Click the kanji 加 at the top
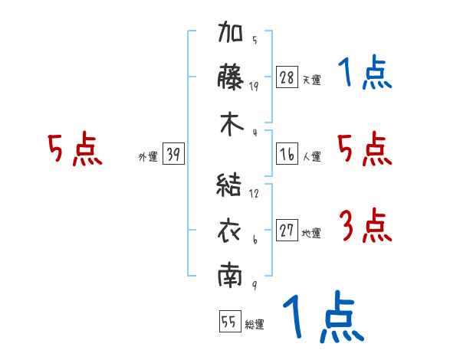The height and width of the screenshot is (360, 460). click(x=230, y=31)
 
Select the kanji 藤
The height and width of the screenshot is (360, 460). click(x=230, y=77)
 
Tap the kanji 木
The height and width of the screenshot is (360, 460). click(x=232, y=124)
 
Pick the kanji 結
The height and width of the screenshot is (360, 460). click(x=228, y=185)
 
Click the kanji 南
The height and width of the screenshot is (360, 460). click(x=230, y=275)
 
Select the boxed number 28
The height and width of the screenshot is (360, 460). click(x=287, y=77)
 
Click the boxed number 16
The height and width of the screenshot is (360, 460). click(x=287, y=154)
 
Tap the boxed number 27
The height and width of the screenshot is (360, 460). click(x=287, y=230)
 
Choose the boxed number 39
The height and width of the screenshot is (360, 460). click(x=173, y=153)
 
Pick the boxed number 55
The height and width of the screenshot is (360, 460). click(x=230, y=321)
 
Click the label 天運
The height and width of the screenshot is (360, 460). click(x=312, y=80)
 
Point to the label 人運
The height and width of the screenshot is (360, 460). click(x=312, y=156)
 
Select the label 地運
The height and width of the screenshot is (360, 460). click(x=311, y=233)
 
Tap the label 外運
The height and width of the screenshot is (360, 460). click(x=148, y=156)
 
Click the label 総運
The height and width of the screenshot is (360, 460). click(x=255, y=324)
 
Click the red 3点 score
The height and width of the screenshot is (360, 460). click(x=366, y=225)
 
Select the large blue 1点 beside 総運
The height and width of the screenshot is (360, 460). click(x=324, y=316)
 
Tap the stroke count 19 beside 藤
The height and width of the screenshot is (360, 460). click(x=254, y=87)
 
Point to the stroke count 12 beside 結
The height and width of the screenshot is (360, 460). click(x=254, y=193)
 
